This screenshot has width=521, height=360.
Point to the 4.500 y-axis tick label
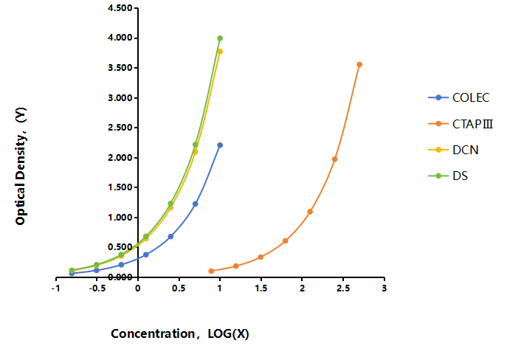point(120,8)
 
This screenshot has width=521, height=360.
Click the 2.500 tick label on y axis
point(120,128)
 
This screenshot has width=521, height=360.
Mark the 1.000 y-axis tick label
point(120,217)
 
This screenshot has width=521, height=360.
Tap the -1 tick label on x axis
point(56,288)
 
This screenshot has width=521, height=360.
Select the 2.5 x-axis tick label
point(343,288)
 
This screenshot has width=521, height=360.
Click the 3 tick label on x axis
point(384,288)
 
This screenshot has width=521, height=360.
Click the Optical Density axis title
point(21,166)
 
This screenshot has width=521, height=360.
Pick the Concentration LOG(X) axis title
point(180,333)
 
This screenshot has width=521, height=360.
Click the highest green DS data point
point(220,38)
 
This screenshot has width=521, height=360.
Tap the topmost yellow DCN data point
point(220,52)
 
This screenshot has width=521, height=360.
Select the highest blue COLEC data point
point(220,145)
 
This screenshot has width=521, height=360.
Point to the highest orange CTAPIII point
point(359,64)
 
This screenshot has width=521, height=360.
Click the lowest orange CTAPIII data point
point(211,271)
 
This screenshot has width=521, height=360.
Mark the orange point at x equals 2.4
point(334,159)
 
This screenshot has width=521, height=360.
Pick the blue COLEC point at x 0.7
point(196,204)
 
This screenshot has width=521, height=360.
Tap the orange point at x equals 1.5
point(260,257)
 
